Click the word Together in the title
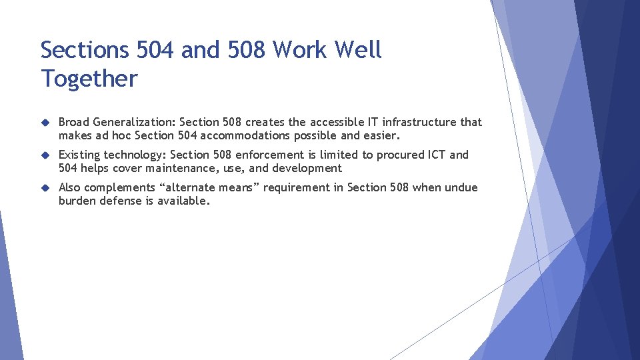[x=89, y=79]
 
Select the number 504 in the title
[x=154, y=49]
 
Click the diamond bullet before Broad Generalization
[x=45, y=123]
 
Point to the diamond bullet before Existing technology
[x=45, y=155]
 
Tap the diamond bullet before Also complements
[x=45, y=188]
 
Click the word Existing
[x=80, y=155]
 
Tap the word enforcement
[x=267, y=155]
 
